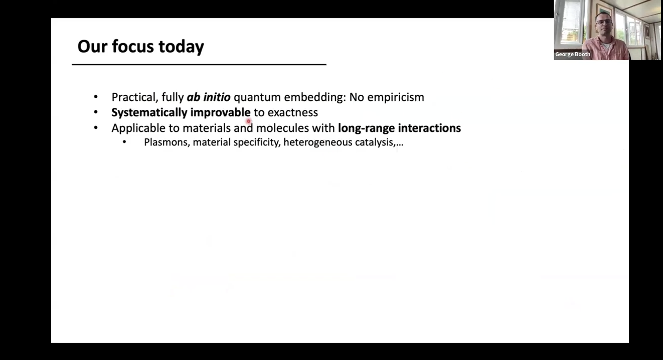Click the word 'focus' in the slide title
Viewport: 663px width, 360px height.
(x=133, y=47)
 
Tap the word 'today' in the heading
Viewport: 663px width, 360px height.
(x=181, y=47)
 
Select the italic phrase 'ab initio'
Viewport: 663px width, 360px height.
(x=209, y=97)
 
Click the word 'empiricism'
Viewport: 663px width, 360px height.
(x=396, y=98)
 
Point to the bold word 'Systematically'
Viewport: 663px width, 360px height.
(x=149, y=113)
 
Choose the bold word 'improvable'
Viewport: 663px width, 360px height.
(x=221, y=113)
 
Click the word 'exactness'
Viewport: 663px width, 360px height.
(x=293, y=113)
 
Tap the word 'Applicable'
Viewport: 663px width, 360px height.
(x=138, y=128)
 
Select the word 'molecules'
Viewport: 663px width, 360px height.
(x=282, y=128)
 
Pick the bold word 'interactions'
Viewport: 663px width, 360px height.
(x=429, y=128)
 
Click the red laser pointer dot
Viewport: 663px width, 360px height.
(x=249, y=121)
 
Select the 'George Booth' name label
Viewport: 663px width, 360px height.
(x=573, y=55)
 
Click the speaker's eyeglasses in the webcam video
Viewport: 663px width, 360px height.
(x=604, y=22)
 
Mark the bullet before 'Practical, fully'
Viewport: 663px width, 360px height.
(x=96, y=97)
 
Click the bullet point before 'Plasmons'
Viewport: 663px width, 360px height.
(x=124, y=142)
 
